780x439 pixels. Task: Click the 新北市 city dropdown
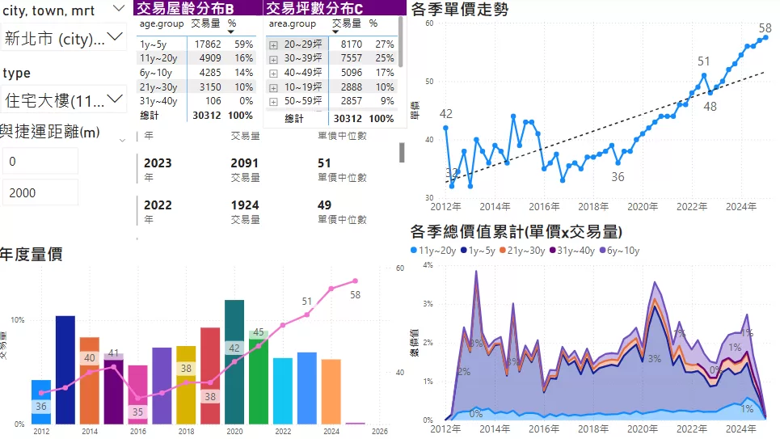coord(63,37)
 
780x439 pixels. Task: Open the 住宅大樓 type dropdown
coord(63,100)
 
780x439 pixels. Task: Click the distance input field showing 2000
coord(40,192)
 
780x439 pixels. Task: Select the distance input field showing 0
coord(40,161)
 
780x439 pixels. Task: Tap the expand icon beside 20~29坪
coord(274,44)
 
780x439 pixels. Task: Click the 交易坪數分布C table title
coord(314,8)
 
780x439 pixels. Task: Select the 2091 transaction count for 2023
coord(244,163)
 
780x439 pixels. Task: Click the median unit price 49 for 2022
coord(325,205)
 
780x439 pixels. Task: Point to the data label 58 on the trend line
coord(765,28)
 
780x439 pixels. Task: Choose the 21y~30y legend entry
coord(529,251)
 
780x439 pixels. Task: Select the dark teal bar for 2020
coord(234,361)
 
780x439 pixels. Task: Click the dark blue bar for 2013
coord(65,369)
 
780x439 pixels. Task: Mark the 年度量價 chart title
coord(32,255)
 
